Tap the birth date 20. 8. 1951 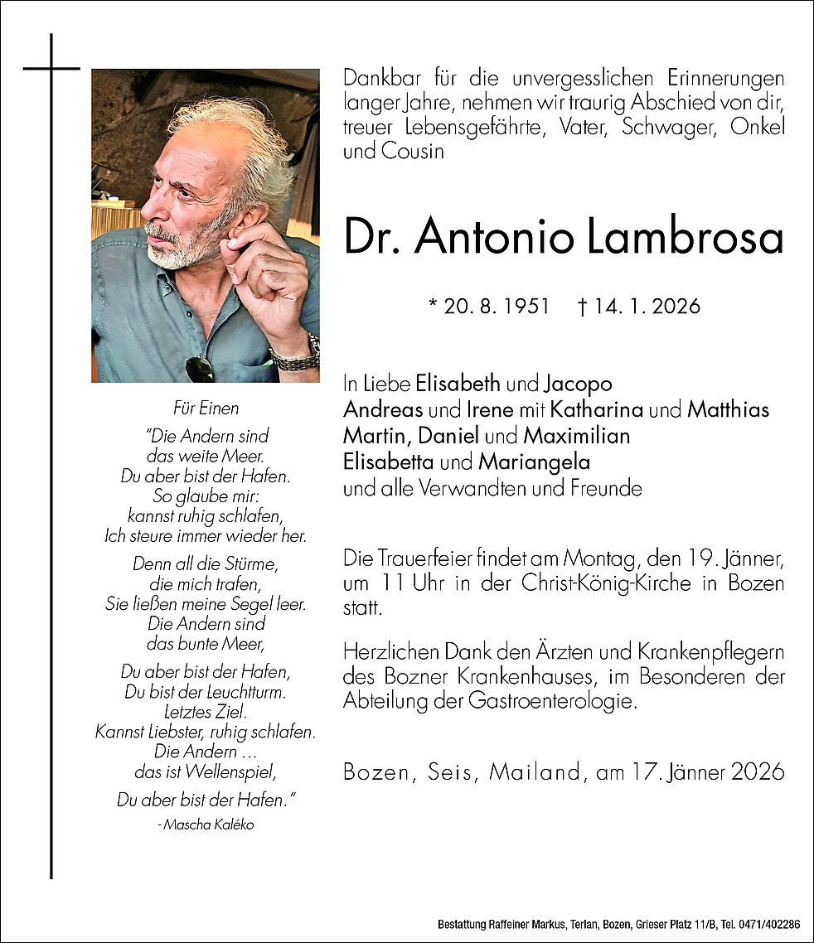click(x=489, y=307)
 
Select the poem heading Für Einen click(x=206, y=408)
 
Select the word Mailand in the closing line click(x=535, y=772)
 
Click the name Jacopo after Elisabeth click(x=578, y=384)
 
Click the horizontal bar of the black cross click(x=51, y=68)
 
